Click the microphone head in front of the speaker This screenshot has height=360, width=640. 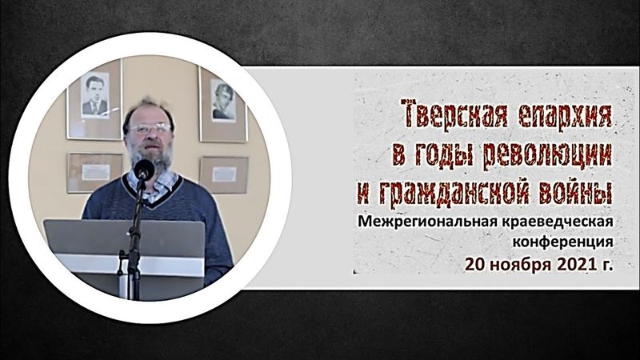[143, 169]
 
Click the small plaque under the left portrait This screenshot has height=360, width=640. [95, 170]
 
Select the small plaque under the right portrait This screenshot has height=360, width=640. [224, 173]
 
